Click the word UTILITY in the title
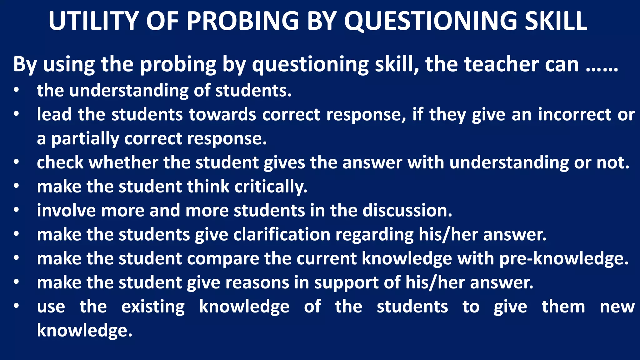(93, 21)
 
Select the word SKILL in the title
(556, 21)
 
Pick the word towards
(222, 114)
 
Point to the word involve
(66, 210)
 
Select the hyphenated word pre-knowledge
(564, 259)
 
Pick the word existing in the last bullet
(153, 307)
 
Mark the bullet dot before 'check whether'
(16, 162)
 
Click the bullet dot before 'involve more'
(16, 210)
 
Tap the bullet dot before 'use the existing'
(16, 306)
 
